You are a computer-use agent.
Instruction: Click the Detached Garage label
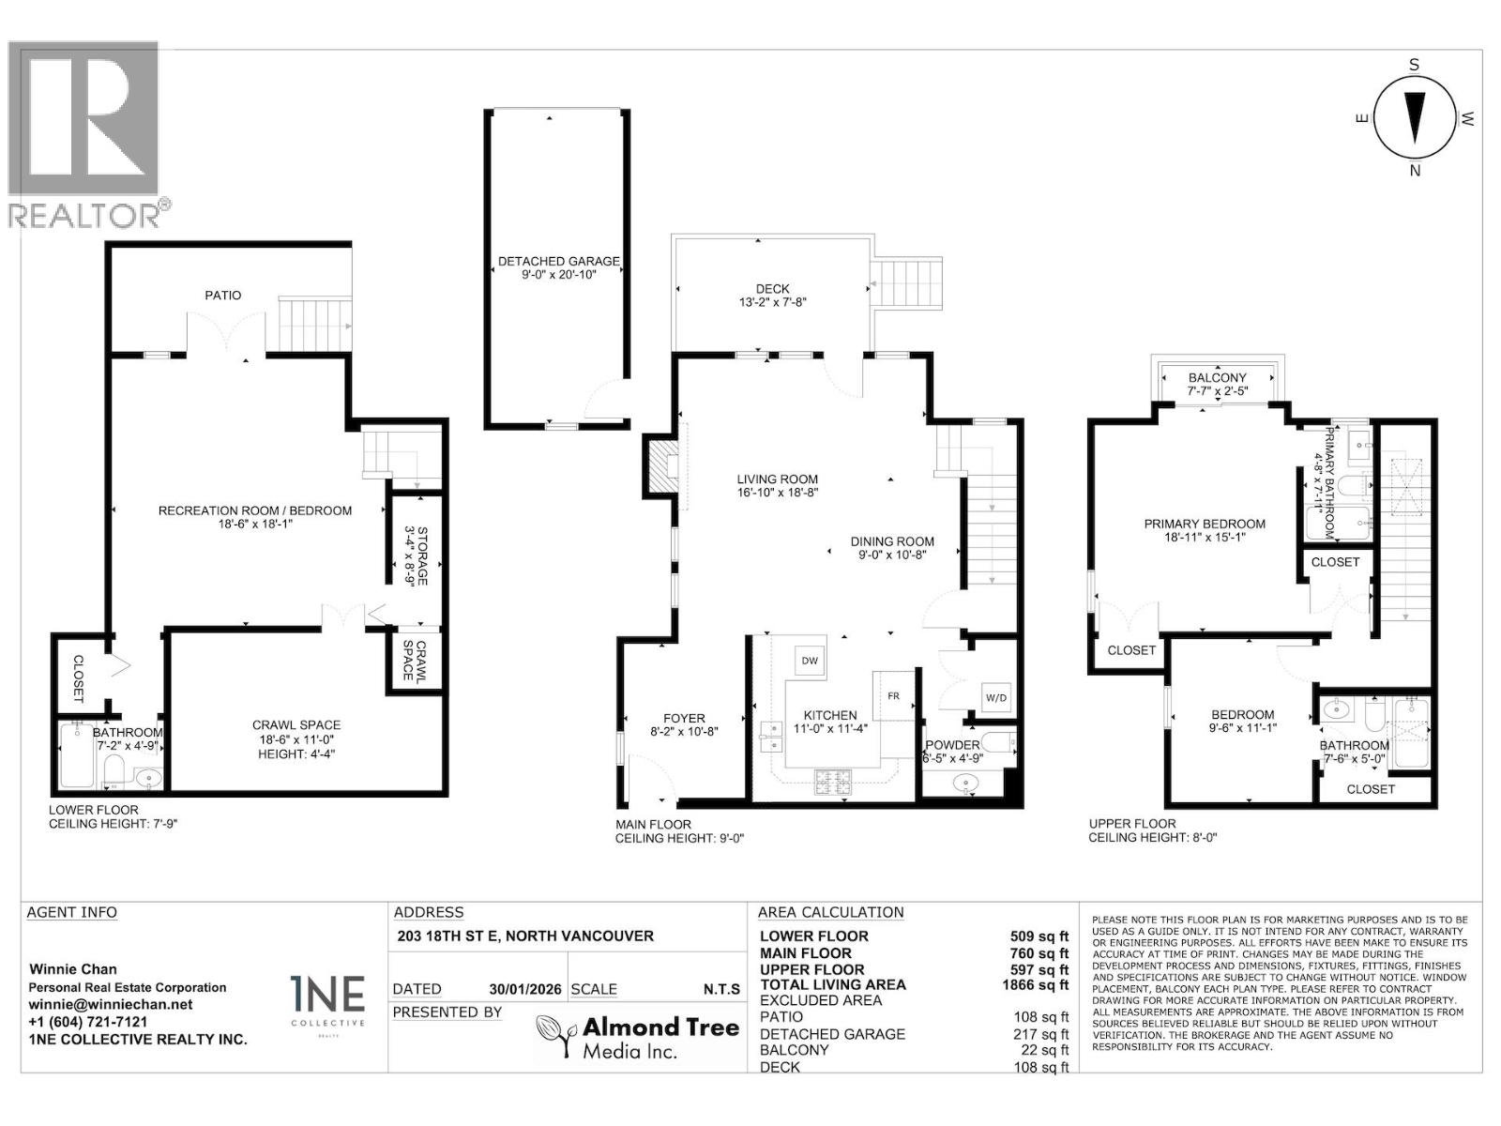coord(558,261)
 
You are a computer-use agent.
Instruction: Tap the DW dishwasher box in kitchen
coord(809,661)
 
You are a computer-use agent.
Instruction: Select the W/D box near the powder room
coord(995,697)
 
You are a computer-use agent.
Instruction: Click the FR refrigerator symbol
coord(893,696)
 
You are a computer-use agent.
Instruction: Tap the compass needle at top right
coord(1415,116)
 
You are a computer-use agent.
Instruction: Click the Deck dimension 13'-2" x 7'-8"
coord(772,302)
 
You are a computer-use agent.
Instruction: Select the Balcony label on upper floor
coord(1217,377)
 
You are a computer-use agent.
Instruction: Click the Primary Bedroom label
coord(1204,524)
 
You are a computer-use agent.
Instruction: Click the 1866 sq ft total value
coord(1035,984)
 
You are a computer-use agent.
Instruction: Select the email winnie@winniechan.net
coord(111,1004)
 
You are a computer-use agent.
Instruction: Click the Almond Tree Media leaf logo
coord(554,1037)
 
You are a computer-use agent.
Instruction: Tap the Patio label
coord(223,295)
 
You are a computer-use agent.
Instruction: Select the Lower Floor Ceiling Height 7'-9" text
coord(113,824)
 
